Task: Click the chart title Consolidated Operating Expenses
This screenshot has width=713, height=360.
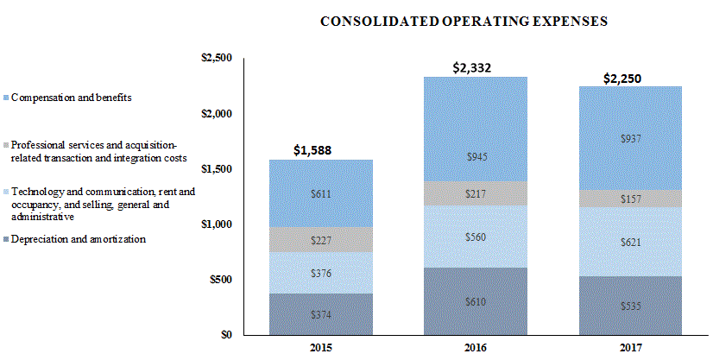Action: [x=464, y=21]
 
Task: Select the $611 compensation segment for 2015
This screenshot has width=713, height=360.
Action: [x=320, y=194]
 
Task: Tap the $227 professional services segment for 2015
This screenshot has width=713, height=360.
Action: [x=320, y=241]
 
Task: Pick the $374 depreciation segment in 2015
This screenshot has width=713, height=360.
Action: [x=320, y=315]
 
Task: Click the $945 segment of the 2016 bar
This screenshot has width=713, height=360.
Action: [x=474, y=156]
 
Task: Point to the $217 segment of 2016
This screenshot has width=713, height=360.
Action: [x=474, y=194]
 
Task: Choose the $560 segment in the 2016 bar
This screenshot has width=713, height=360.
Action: [x=474, y=237]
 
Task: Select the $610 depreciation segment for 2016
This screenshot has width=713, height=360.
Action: [x=474, y=301]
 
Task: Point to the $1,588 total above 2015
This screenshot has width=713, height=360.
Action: [x=320, y=150]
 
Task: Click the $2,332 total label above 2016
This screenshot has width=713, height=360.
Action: [x=474, y=67]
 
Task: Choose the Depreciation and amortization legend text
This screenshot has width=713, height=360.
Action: [x=78, y=239]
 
